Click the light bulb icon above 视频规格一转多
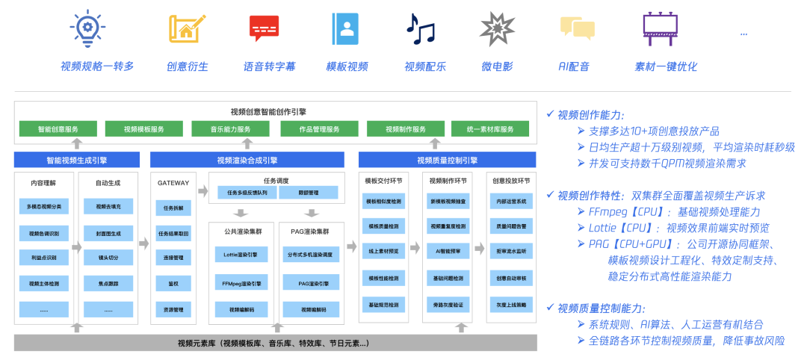(x=87, y=28)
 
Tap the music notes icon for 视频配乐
(x=420, y=28)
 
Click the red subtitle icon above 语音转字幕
(x=264, y=28)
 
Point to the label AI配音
(x=574, y=66)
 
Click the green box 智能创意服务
(x=58, y=129)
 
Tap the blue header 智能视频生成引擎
(x=76, y=160)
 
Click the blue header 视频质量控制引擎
(x=447, y=160)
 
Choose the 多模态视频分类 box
(x=45, y=205)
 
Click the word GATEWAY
(x=173, y=182)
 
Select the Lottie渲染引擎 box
(x=241, y=255)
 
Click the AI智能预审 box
(x=448, y=252)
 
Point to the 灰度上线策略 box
(x=511, y=305)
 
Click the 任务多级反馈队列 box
(x=242, y=193)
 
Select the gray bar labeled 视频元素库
(x=273, y=344)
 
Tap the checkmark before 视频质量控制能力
(x=551, y=308)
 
